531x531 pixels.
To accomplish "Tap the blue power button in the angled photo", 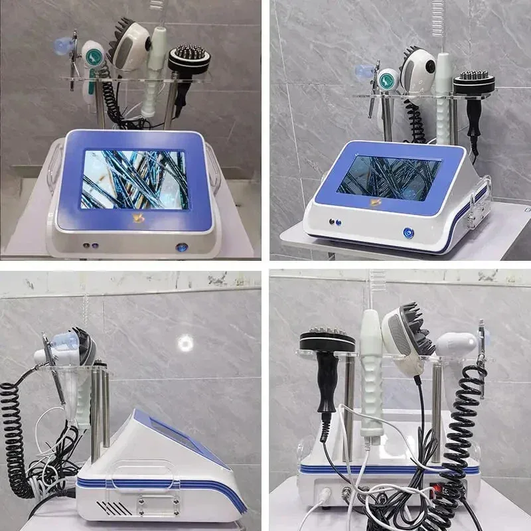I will point(408,233).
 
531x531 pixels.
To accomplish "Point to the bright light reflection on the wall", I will point(185,342).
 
